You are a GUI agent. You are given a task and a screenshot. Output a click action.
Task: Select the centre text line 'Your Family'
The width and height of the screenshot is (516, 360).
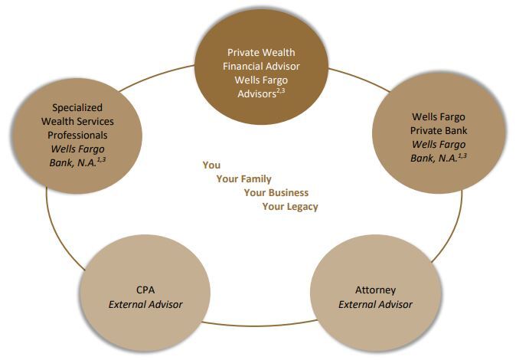243,178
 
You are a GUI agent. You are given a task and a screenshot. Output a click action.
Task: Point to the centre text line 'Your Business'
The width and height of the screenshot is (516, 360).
276,192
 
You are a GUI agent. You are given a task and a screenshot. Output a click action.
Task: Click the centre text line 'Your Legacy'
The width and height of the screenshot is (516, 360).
290,206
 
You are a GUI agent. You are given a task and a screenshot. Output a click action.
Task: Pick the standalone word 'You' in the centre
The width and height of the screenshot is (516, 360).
211,165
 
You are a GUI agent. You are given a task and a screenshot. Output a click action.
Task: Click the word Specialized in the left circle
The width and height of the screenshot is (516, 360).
77,108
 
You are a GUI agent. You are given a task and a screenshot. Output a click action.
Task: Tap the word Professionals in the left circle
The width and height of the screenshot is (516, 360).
77,134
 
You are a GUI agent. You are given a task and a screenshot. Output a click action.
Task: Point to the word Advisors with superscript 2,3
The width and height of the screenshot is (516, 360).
254,93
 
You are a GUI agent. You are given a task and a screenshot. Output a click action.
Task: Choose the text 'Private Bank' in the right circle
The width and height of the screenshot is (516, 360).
438,130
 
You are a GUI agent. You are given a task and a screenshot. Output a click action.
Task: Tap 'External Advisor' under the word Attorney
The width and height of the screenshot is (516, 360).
375,304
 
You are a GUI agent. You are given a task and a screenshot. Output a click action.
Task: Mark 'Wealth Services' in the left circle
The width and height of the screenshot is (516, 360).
77,121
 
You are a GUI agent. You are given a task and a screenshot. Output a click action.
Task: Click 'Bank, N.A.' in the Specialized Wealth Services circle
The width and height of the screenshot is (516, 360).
73,161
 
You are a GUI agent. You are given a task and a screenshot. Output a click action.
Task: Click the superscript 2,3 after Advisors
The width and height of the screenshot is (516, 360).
282,90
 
